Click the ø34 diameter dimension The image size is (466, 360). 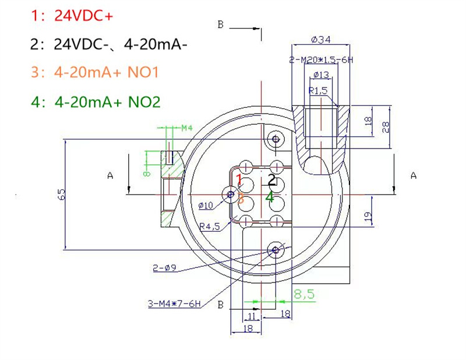pyautogui.click(x=322, y=40)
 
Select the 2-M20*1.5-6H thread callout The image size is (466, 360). pyautogui.click(x=322, y=60)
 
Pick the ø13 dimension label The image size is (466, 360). pyautogui.click(x=321, y=75)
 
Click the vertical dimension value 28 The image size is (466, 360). pyautogui.click(x=386, y=126)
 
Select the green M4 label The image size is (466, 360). pyautogui.click(x=186, y=128)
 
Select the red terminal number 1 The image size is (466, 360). pyautogui.click(x=239, y=179)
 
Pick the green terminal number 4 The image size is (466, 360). pyautogui.click(x=270, y=197)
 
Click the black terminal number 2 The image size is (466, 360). pyautogui.click(x=271, y=179)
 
